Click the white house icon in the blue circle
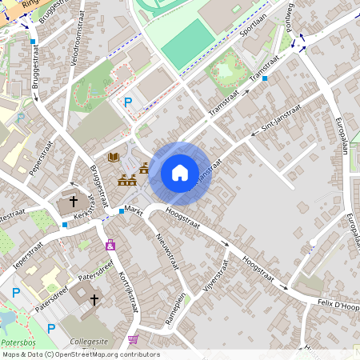[x=180, y=173]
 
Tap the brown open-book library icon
[x=114, y=158]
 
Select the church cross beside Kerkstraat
[x=74, y=202]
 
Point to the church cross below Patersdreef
[x=94, y=299]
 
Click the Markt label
[x=134, y=210]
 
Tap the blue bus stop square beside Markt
[x=122, y=210]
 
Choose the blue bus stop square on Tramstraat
[x=265, y=78]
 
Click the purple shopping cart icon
[x=132, y=339]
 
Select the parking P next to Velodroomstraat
[x=128, y=102]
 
